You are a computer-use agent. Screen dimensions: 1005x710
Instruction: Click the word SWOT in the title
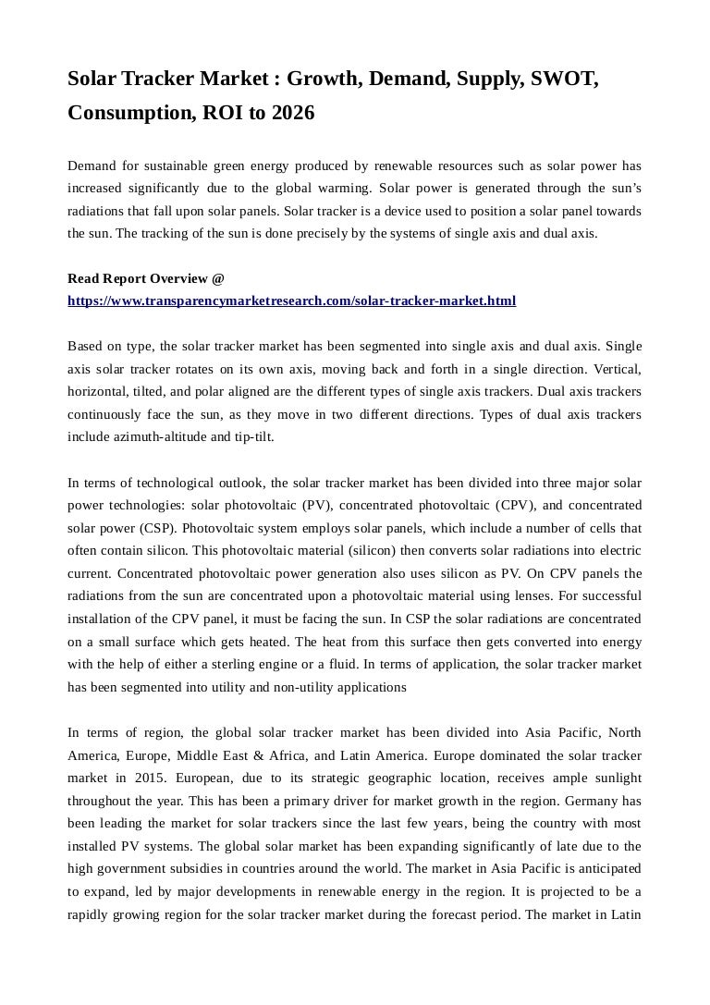click(x=563, y=80)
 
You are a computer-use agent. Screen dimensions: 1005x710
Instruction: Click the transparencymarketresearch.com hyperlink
click(x=292, y=300)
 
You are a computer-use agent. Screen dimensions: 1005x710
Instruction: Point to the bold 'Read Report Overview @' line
click(x=146, y=278)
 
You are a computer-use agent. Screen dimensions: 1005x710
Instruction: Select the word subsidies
click(x=197, y=869)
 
